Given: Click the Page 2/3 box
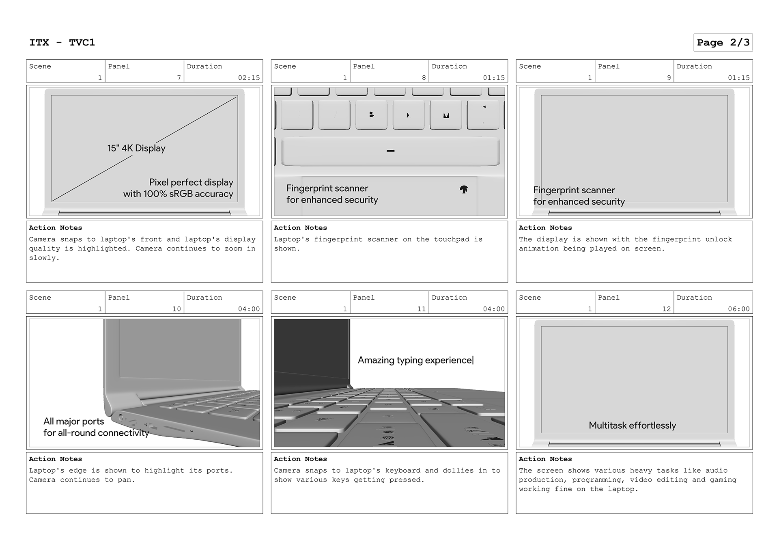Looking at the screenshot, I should click(723, 43).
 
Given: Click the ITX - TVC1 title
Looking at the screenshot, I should click(62, 43).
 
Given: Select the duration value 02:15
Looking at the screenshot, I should click(249, 78).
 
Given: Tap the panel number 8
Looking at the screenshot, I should click(424, 78).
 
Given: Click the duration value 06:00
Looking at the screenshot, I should click(738, 309).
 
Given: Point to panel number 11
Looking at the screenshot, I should click(422, 309).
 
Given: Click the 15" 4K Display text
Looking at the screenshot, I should click(136, 148).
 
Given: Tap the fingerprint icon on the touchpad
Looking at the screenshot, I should click(464, 189).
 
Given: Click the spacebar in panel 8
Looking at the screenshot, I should click(390, 151).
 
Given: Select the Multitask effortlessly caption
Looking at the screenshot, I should click(632, 426).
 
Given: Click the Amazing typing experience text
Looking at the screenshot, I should click(415, 360).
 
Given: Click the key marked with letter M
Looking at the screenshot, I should click(446, 115).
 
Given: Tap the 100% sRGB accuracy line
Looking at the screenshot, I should click(178, 194).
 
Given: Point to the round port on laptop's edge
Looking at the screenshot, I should click(121, 416).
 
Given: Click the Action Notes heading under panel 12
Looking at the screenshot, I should click(545, 459).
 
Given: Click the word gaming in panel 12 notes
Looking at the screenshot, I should click(723, 480).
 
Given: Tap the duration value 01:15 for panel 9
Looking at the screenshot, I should click(738, 78).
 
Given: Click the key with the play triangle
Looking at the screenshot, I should click(408, 115).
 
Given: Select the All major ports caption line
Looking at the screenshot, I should click(74, 421).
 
